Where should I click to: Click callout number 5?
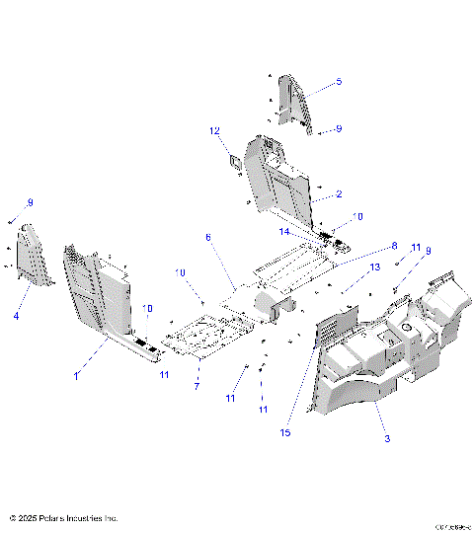(338, 81)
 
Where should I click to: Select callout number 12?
(214, 130)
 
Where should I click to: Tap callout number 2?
(339, 194)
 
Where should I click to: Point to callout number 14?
(284, 231)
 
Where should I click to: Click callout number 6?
(208, 238)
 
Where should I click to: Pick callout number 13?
(374, 267)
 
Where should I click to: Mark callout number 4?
(17, 317)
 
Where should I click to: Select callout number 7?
(197, 386)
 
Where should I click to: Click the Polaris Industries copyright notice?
(63, 517)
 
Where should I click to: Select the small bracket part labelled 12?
(234, 158)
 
